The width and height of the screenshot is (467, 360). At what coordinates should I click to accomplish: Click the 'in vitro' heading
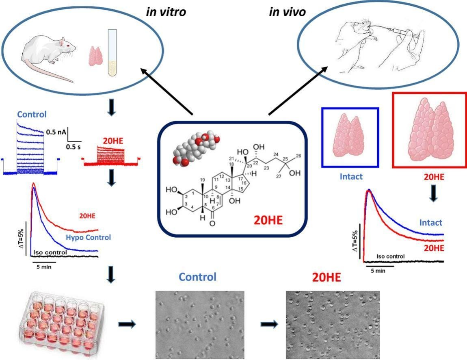pos(166,12)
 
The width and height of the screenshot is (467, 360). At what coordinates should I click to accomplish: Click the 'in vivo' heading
pos(287,12)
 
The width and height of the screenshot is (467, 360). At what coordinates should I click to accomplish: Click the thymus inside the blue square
pos(350,138)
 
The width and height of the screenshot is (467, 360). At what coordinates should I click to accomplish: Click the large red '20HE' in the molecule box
pos(270,219)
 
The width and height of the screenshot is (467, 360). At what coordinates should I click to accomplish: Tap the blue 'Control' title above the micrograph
pos(198,278)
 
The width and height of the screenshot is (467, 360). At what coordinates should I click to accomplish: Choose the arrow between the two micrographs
pos(269,324)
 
